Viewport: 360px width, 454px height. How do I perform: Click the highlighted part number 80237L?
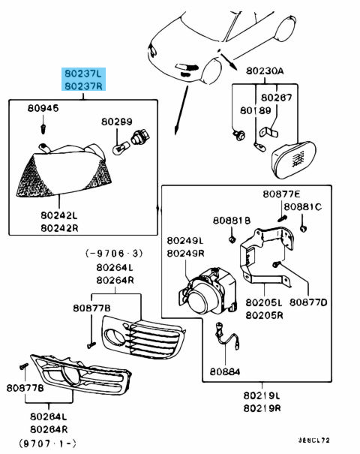pyautogui.click(x=82, y=73)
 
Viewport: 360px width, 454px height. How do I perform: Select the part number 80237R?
pyautogui.click(x=82, y=86)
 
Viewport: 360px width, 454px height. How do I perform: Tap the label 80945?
pyautogui.click(x=43, y=110)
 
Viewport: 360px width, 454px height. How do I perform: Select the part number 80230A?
pyautogui.click(x=265, y=71)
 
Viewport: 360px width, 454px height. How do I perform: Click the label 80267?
pyautogui.click(x=277, y=98)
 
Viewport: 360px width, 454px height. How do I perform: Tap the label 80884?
pyautogui.click(x=225, y=371)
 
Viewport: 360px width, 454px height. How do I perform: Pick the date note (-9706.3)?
pyautogui.click(x=115, y=254)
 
